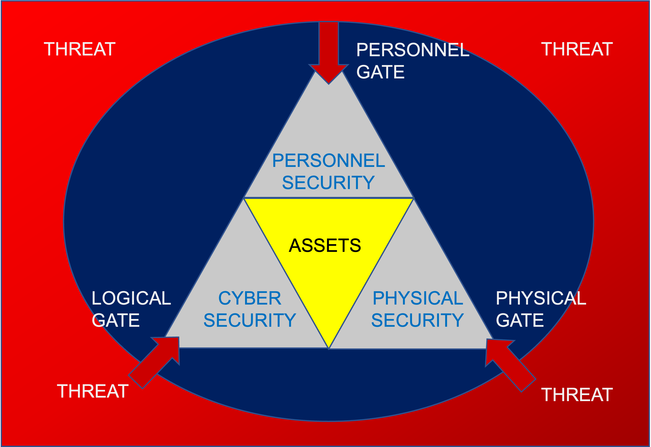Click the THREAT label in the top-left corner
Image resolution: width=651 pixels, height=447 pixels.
(x=80, y=49)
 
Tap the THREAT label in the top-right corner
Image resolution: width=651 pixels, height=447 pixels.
(x=577, y=49)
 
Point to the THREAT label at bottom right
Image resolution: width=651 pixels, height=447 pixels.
(x=577, y=395)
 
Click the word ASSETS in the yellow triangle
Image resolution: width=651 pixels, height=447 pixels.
(x=325, y=245)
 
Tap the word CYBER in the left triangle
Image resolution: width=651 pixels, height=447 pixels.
(x=250, y=298)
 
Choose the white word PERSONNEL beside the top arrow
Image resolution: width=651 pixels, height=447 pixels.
(x=412, y=50)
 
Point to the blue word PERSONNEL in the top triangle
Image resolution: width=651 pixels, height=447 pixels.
(x=329, y=161)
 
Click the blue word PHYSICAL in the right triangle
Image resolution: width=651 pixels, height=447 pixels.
(x=418, y=298)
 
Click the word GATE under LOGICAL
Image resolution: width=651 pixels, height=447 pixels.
(x=116, y=320)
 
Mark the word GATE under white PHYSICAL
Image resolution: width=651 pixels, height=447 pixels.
(x=520, y=320)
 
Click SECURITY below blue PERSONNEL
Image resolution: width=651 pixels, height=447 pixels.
(x=328, y=183)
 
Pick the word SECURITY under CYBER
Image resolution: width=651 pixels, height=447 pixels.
(x=250, y=320)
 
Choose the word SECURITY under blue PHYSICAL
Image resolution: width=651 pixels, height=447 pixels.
(x=417, y=320)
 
